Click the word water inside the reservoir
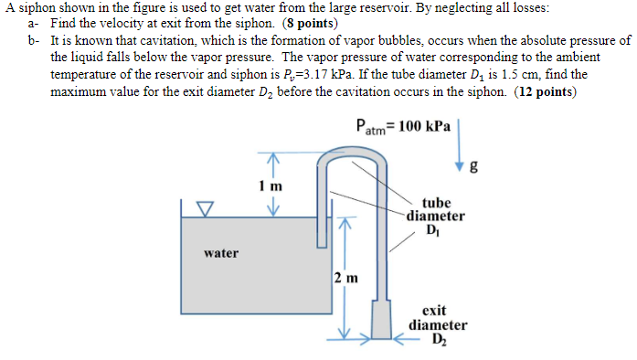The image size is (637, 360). point(221,253)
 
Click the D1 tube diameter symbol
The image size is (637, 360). point(433,230)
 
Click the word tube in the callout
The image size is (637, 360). point(436,203)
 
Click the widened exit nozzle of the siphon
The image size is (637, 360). point(383,322)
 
